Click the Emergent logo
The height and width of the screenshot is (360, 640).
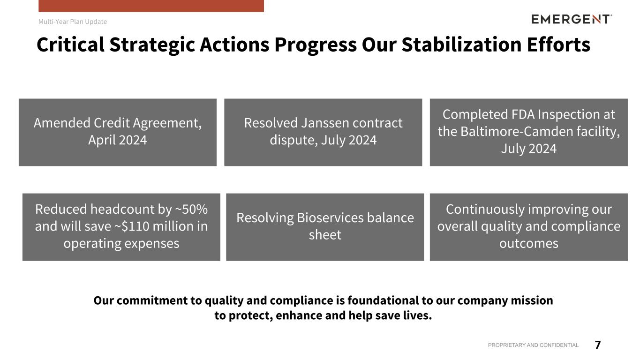(572, 19)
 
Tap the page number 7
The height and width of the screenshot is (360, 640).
(598, 345)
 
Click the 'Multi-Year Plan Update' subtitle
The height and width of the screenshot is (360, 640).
(73, 22)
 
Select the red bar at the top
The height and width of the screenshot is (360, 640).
(151, 6)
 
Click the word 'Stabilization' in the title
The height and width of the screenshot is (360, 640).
(462, 45)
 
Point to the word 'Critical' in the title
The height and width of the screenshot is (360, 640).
(71, 45)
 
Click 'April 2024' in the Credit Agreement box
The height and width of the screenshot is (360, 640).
(117, 140)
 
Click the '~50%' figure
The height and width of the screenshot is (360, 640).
(191, 209)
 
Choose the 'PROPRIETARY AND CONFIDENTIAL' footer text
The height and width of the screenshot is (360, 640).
(533, 345)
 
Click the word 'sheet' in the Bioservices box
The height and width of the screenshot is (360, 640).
(325, 235)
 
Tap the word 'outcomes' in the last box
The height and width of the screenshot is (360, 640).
(528, 243)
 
